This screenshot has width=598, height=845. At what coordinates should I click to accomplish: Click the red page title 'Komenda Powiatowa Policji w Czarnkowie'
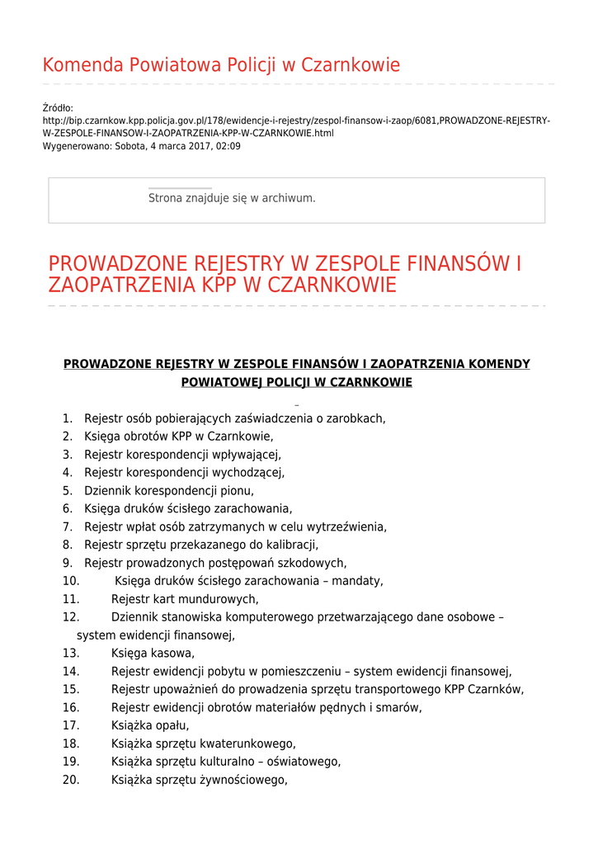pyautogui.click(x=221, y=65)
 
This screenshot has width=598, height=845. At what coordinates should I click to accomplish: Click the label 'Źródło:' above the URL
pyautogui.click(x=58, y=108)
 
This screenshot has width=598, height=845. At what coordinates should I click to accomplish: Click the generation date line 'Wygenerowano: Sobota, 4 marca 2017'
pyautogui.click(x=141, y=146)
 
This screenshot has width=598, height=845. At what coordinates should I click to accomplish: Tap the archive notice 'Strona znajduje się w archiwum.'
pyautogui.click(x=232, y=198)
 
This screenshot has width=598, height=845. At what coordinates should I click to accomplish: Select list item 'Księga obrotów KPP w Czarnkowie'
pyautogui.click(x=178, y=437)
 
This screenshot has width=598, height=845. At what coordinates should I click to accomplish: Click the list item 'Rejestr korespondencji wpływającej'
pyautogui.click(x=182, y=455)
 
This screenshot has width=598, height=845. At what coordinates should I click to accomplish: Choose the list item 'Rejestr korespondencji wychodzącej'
pyautogui.click(x=184, y=473)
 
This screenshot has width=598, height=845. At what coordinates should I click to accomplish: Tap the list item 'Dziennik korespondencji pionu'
pyautogui.click(x=168, y=491)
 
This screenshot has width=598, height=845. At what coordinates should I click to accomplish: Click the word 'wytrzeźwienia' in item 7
pyautogui.click(x=347, y=527)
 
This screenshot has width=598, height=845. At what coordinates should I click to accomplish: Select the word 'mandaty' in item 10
pyautogui.click(x=356, y=582)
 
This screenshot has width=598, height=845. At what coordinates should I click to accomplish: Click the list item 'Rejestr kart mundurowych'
pyautogui.click(x=185, y=600)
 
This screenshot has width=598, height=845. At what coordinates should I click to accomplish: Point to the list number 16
pyautogui.click(x=71, y=708)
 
